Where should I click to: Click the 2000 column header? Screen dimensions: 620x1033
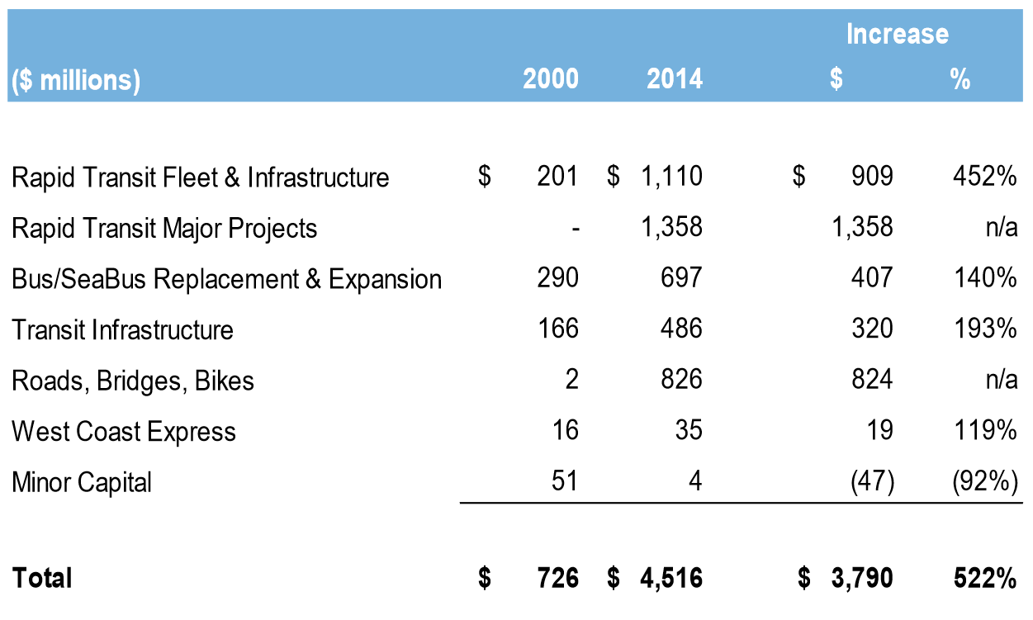point(551,79)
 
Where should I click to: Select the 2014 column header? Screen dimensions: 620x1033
point(674,79)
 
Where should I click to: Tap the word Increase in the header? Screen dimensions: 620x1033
point(897,34)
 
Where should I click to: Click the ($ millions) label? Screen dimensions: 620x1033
point(75,80)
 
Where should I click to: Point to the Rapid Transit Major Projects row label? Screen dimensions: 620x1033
point(164,228)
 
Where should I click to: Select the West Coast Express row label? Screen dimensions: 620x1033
point(124,431)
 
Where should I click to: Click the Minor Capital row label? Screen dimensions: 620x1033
point(82,482)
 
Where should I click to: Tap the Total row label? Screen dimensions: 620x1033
point(42,578)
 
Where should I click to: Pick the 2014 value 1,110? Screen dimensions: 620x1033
point(670,177)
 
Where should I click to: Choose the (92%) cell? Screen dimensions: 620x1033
point(984,482)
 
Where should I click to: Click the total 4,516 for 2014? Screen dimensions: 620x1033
point(671,578)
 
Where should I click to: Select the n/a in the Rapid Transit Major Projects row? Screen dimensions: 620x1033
point(1000,228)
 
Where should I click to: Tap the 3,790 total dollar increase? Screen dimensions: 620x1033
point(860,578)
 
